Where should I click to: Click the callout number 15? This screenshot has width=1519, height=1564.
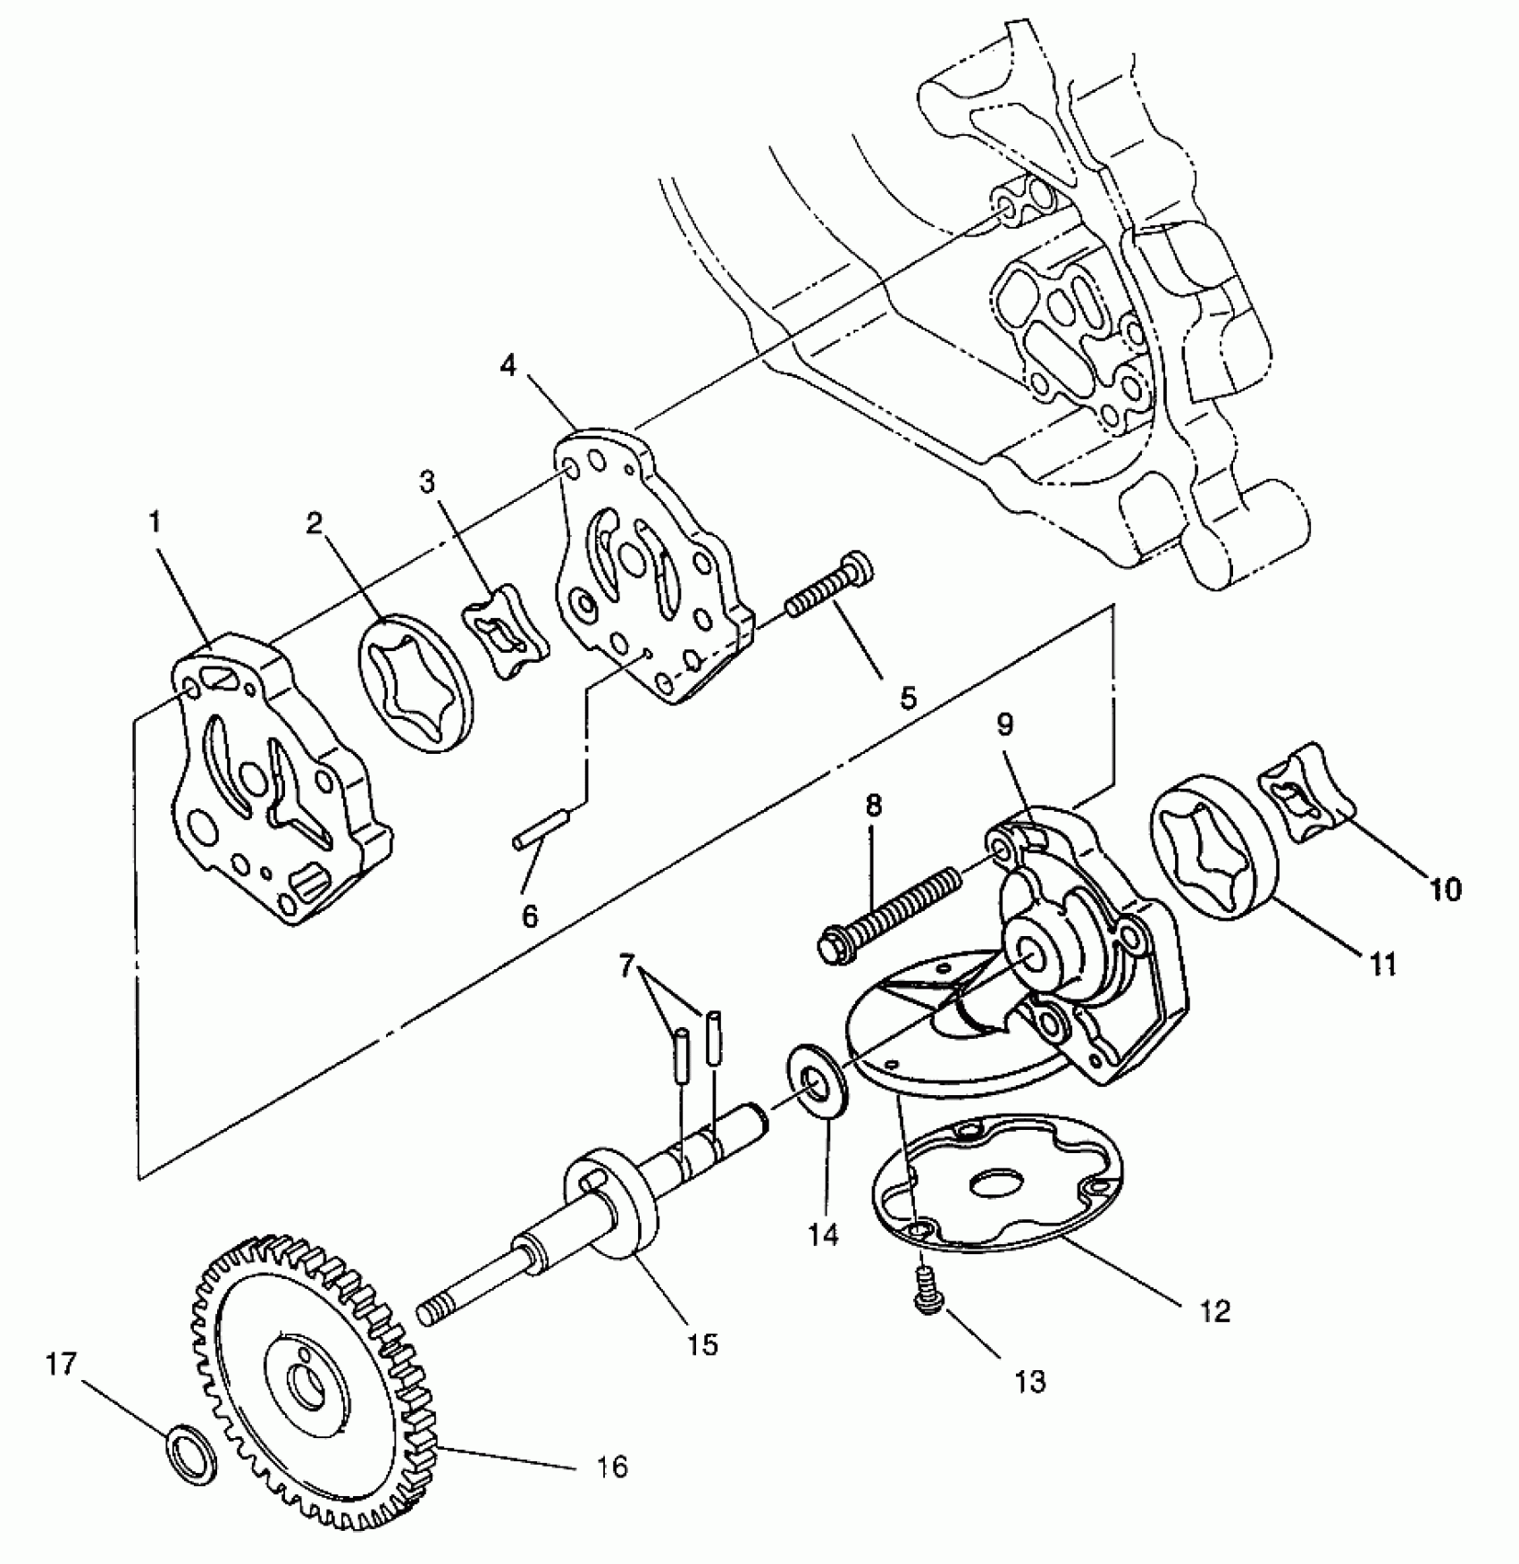704,1343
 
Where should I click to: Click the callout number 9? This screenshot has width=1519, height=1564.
1006,724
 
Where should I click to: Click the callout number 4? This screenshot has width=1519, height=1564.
508,365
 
